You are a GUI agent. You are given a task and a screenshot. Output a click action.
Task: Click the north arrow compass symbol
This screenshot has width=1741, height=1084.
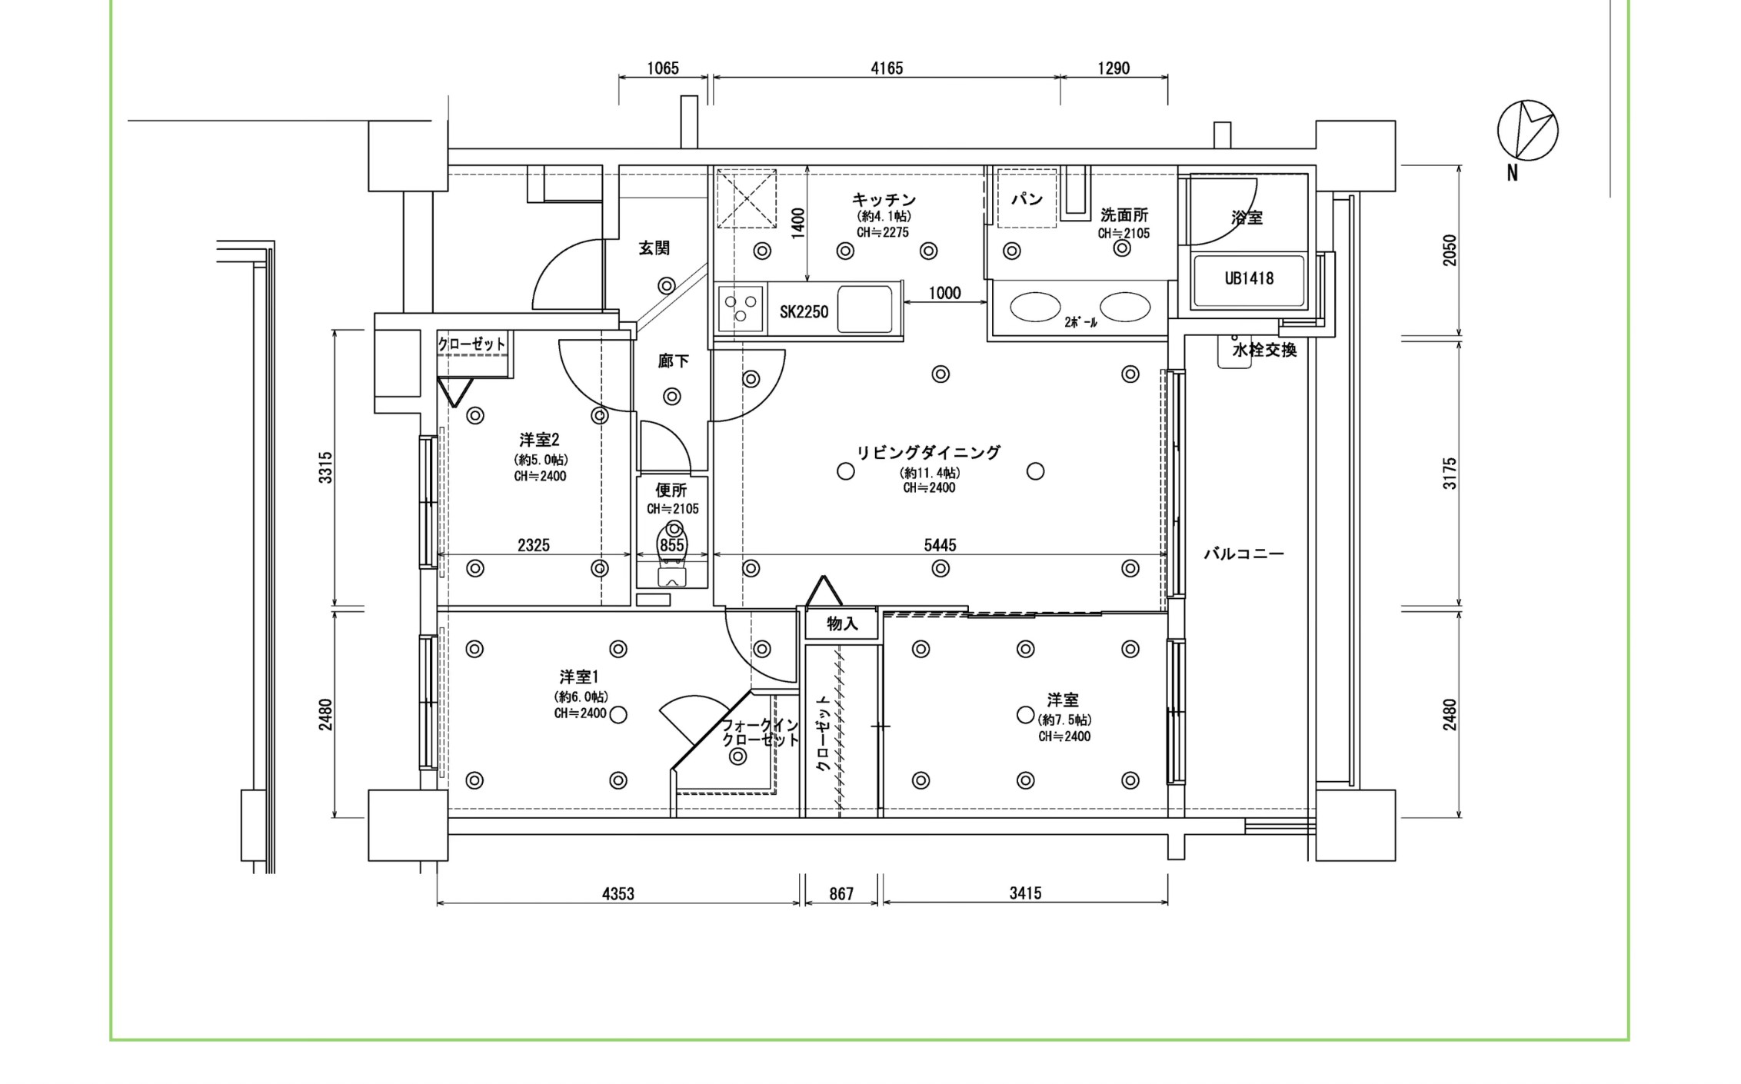tap(1527, 131)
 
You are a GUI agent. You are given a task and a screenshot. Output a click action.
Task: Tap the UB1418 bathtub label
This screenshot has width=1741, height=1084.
tap(1249, 279)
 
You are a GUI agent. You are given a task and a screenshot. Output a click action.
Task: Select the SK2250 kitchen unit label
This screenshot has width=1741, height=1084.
tap(804, 312)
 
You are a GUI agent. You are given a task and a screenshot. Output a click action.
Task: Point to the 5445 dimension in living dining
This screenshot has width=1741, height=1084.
tap(940, 545)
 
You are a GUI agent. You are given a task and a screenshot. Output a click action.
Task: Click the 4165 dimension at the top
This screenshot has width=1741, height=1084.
tap(886, 68)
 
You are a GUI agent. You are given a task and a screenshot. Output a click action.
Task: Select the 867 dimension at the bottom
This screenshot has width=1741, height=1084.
tap(841, 893)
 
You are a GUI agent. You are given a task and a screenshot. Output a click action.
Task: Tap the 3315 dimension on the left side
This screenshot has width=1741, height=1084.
tap(326, 467)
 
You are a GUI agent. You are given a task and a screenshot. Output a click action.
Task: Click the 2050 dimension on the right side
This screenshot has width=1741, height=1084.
tap(1450, 251)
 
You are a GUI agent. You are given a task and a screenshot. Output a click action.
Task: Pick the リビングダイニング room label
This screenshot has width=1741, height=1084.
tap(929, 453)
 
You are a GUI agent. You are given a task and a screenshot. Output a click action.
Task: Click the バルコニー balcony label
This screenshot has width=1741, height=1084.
tap(1243, 554)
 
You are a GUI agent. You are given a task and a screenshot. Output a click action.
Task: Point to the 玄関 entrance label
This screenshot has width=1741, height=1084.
tap(654, 248)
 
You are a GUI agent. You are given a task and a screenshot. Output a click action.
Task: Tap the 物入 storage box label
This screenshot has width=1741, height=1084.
tap(842, 623)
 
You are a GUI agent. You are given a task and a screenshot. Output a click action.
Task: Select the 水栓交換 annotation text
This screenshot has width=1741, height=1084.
tap(1264, 351)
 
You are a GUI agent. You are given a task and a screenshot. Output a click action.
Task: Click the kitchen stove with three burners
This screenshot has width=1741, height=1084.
tap(741, 308)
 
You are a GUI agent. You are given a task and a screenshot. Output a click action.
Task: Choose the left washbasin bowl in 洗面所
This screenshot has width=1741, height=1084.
tap(1035, 307)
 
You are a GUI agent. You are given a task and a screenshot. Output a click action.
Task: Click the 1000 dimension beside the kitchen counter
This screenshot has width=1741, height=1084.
tap(944, 293)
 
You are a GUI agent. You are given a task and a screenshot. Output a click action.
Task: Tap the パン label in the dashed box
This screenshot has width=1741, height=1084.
tap(1027, 200)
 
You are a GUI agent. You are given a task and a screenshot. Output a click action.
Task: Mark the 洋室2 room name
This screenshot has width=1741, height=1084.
tap(539, 441)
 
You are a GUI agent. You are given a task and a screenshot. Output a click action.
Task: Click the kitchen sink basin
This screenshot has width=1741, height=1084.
tap(864, 309)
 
